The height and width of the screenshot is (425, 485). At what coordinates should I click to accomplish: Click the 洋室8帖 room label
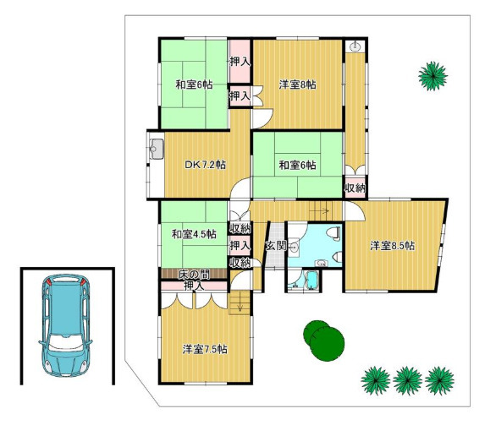[298, 84]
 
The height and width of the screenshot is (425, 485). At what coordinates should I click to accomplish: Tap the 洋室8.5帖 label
[393, 246]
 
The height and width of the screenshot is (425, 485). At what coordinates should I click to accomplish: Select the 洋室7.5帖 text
[205, 349]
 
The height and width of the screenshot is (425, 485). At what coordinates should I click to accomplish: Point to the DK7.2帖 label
[205, 165]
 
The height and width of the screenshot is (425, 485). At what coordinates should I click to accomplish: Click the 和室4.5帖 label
[194, 234]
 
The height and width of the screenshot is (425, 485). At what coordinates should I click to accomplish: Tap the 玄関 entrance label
[276, 246]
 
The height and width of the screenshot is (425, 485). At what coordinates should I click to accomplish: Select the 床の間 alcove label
[194, 274]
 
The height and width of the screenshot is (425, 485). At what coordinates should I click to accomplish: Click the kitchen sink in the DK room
[157, 149]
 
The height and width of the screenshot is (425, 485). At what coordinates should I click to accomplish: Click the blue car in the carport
[65, 324]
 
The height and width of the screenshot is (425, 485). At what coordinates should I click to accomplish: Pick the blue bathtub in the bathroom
[311, 281]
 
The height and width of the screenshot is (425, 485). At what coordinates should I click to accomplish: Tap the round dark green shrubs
[323, 340]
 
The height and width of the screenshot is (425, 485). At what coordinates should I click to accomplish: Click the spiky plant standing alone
[433, 76]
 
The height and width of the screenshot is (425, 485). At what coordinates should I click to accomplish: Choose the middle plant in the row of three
[407, 380]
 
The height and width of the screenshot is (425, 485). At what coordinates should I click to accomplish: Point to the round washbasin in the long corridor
[355, 47]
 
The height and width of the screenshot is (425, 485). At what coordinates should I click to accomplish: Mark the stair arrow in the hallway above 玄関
[319, 211]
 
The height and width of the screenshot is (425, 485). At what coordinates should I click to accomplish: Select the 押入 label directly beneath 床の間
[194, 286]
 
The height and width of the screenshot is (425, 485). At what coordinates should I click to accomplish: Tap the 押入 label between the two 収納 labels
[240, 246]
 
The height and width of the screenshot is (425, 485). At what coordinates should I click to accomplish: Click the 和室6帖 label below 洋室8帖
[298, 166]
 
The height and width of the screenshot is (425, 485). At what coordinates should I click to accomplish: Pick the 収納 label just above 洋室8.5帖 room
[355, 188]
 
